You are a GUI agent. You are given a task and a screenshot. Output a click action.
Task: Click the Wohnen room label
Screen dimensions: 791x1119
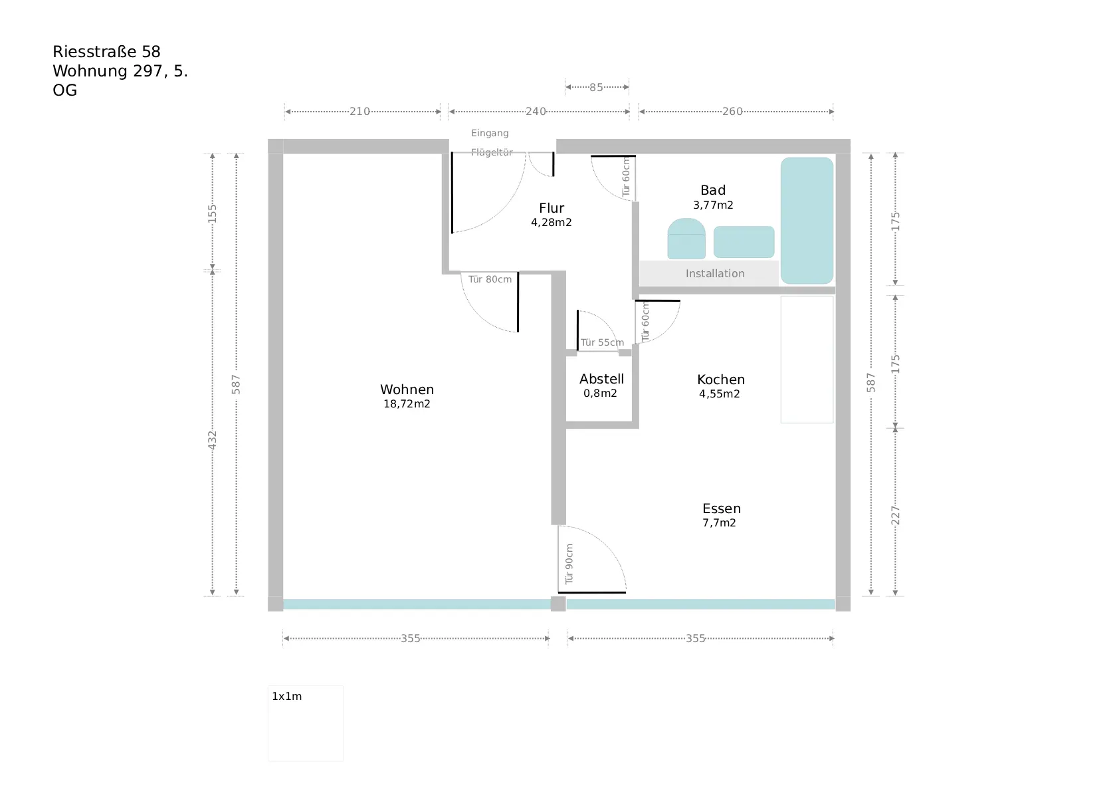(407, 390)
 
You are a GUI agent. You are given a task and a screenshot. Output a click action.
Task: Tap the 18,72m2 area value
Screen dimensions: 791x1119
(407, 404)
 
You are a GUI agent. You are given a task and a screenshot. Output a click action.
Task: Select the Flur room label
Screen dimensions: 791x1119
(552, 208)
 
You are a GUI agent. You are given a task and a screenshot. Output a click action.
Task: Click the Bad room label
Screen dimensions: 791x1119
(713, 190)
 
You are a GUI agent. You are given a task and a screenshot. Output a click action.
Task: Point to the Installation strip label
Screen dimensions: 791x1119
(715, 274)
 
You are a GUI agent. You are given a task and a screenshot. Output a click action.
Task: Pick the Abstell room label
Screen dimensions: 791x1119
(601, 379)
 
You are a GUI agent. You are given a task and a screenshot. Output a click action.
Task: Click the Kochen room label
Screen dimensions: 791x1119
(721, 380)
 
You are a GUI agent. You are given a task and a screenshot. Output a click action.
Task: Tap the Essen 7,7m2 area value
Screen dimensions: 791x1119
(719, 523)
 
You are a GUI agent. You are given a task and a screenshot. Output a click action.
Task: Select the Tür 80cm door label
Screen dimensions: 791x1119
(490, 279)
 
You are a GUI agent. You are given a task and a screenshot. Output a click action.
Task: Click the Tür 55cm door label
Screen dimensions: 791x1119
(602, 342)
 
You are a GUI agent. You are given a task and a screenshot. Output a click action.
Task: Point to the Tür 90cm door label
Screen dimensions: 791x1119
(569, 564)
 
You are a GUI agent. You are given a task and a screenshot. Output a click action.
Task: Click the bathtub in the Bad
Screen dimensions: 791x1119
(807, 220)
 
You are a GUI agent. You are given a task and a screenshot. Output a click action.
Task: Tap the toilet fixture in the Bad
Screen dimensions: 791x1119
(686, 239)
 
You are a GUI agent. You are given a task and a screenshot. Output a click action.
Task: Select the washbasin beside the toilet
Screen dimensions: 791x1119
(744, 242)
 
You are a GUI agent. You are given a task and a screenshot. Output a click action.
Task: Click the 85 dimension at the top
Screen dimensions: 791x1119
(596, 87)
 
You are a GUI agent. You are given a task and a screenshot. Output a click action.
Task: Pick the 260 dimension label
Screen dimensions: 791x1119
(732, 112)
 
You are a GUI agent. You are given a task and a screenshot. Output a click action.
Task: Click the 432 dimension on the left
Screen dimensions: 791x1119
(213, 439)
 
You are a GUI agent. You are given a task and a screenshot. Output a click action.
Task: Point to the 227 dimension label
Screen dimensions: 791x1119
(895, 515)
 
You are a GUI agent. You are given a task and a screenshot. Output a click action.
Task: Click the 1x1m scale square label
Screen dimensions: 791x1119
(286, 697)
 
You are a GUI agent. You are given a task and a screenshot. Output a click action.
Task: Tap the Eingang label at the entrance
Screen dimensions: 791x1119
(490, 133)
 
